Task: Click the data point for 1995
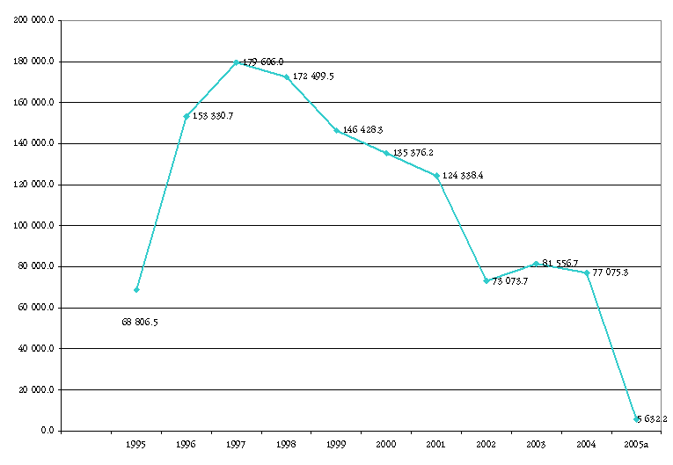coord(136,289)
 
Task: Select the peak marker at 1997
coord(236,62)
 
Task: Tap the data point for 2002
coord(486,280)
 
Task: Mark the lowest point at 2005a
coord(635,419)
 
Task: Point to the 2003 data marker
coord(536,264)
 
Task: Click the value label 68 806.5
coord(140,323)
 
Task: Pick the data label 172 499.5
coord(313,76)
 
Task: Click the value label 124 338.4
coord(463,176)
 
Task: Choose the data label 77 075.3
coord(611,272)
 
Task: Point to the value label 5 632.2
coord(654,419)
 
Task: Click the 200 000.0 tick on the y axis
coord(35,20)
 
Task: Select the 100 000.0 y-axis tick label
coord(35,226)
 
